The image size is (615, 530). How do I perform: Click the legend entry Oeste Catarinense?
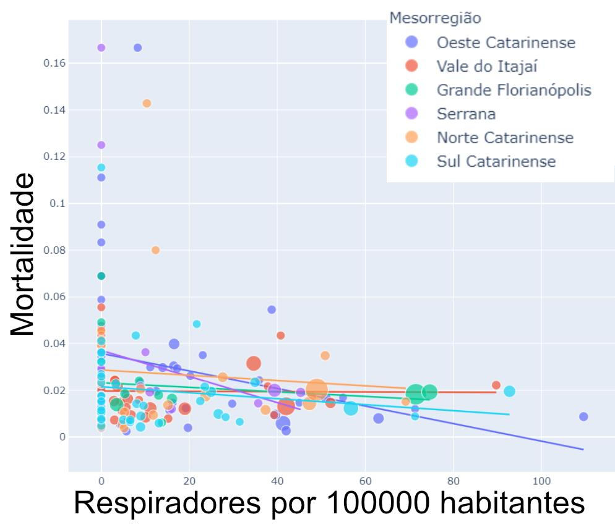505,43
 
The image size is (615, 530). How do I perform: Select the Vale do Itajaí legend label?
491,66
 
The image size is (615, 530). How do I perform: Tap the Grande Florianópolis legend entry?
514,90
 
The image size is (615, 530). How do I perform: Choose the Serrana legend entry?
466,114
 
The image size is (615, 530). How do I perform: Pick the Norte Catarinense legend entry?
505,138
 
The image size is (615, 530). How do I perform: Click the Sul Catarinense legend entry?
496,161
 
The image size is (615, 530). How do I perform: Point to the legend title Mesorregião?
435,18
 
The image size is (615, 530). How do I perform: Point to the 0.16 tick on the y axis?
55,63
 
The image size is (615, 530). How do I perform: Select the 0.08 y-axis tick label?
55,250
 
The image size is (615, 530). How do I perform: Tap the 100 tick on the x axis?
541,481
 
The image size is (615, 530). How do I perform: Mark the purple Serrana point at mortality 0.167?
101,48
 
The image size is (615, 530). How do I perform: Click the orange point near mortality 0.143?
147,103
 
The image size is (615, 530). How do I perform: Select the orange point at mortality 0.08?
155,250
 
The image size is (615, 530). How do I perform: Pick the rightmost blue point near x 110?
583,416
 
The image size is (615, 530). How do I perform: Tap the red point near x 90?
496,385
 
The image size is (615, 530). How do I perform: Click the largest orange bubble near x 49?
316,389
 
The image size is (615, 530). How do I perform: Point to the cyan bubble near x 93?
509,391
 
